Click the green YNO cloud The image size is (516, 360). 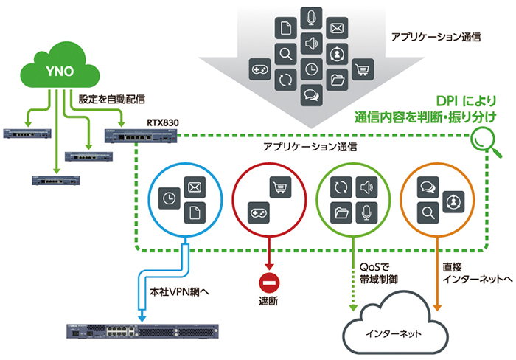pyautogui.click(x=60, y=67)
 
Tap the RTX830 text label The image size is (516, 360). pyautogui.click(x=163, y=123)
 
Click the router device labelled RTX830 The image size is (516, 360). pyautogui.click(x=141, y=136)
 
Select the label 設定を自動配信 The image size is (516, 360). pyautogui.click(x=111, y=99)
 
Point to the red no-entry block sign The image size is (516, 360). pyautogui.click(x=269, y=283)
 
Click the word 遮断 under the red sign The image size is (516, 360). pyautogui.click(x=268, y=301)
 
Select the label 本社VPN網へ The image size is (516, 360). pyautogui.click(x=179, y=292)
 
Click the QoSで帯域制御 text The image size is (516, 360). pyautogui.click(x=378, y=274)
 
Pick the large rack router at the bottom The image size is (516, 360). pyautogui.click(x=142, y=331)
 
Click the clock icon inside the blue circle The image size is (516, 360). pyautogui.click(x=169, y=198)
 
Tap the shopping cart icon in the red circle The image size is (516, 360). pyautogui.click(x=280, y=187)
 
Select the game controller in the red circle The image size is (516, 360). pyautogui.click(x=258, y=212)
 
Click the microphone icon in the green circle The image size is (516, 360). pyautogui.click(x=366, y=212)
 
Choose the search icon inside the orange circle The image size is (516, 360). pyautogui.click(x=428, y=212)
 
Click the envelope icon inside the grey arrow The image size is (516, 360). pyautogui.click(x=337, y=28)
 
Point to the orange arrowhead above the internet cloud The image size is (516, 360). pyautogui.click(x=436, y=308)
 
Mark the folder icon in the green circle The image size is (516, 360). pyautogui.click(x=341, y=212)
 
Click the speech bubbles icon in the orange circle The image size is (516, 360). pyautogui.click(x=428, y=187)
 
